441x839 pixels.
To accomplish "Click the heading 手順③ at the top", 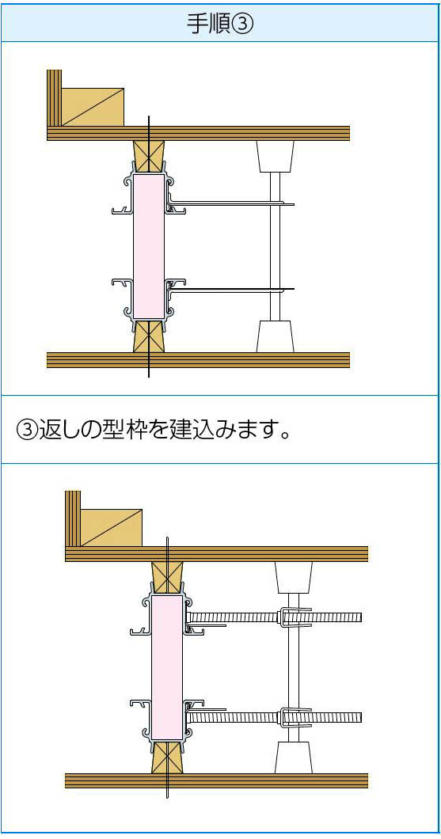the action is click(x=220, y=23).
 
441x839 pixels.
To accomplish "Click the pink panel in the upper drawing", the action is click(x=149, y=246).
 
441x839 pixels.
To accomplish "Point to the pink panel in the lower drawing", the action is click(x=167, y=668).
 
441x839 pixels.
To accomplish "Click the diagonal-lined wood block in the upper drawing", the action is click(x=93, y=107).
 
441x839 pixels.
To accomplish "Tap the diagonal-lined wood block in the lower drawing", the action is click(x=111, y=528).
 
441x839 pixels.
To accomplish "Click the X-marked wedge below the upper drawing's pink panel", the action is click(x=149, y=336).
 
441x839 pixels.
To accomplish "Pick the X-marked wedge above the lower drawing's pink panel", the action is click(x=167, y=578).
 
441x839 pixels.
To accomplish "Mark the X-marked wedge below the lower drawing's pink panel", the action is click(x=167, y=757).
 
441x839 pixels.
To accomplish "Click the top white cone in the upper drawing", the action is click(x=275, y=156).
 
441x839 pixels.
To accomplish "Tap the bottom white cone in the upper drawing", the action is click(x=275, y=336).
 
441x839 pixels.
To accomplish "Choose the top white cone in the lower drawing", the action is click(x=293, y=577).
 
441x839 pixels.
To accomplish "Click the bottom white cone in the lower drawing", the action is click(x=293, y=757).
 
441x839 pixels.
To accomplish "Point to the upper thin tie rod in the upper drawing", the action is click(x=232, y=203).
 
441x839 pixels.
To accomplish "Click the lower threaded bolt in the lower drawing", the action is click(x=274, y=718).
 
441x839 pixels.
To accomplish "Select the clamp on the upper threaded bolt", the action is click(x=295, y=617).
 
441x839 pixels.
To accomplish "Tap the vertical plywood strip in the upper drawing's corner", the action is click(x=54, y=98).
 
